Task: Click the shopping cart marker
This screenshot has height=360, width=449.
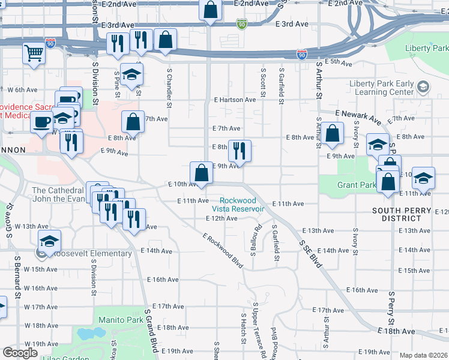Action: point(35,52)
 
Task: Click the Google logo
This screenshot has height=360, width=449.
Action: point(20,353)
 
